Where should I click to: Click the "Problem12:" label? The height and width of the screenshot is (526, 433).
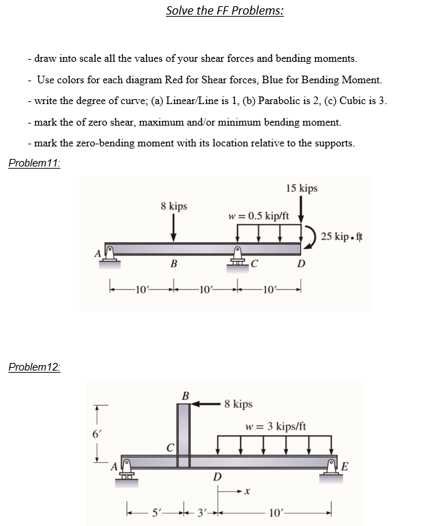tap(34, 367)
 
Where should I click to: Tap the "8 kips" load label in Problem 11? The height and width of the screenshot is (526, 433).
tap(173, 206)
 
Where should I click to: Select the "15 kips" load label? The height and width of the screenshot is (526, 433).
tap(301, 188)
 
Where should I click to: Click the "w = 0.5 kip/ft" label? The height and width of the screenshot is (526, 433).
tap(258, 215)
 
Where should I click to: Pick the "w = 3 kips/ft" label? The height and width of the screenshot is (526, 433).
tap(275, 425)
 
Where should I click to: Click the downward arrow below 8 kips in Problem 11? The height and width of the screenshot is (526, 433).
tap(173, 227)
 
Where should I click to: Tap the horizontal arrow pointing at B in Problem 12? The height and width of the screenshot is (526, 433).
tap(207, 403)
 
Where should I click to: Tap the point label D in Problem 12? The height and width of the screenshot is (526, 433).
tap(216, 477)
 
